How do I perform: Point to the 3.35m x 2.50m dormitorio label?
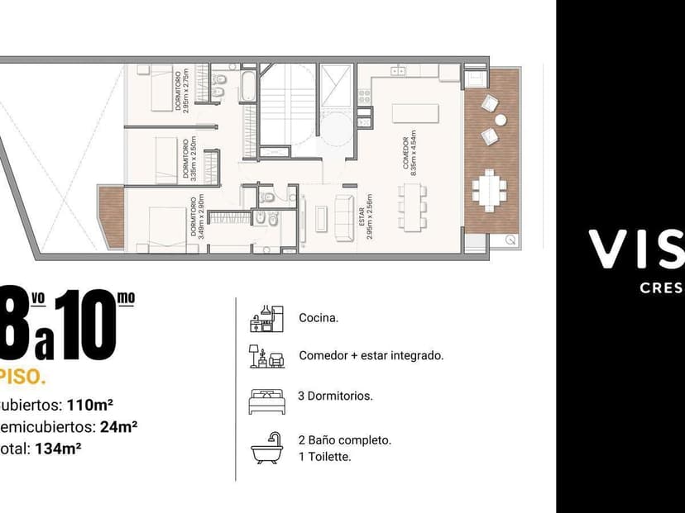pyautogui.click(x=189, y=158)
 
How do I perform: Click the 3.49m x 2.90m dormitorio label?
pyautogui.click(x=197, y=217)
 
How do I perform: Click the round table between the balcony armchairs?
pyautogui.click(x=501, y=120)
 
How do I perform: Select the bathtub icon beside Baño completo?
pyautogui.click(x=266, y=449)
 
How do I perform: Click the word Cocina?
pyautogui.click(x=319, y=317)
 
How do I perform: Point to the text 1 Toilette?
pyautogui.click(x=324, y=456)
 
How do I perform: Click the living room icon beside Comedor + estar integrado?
pyautogui.click(x=266, y=356)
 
